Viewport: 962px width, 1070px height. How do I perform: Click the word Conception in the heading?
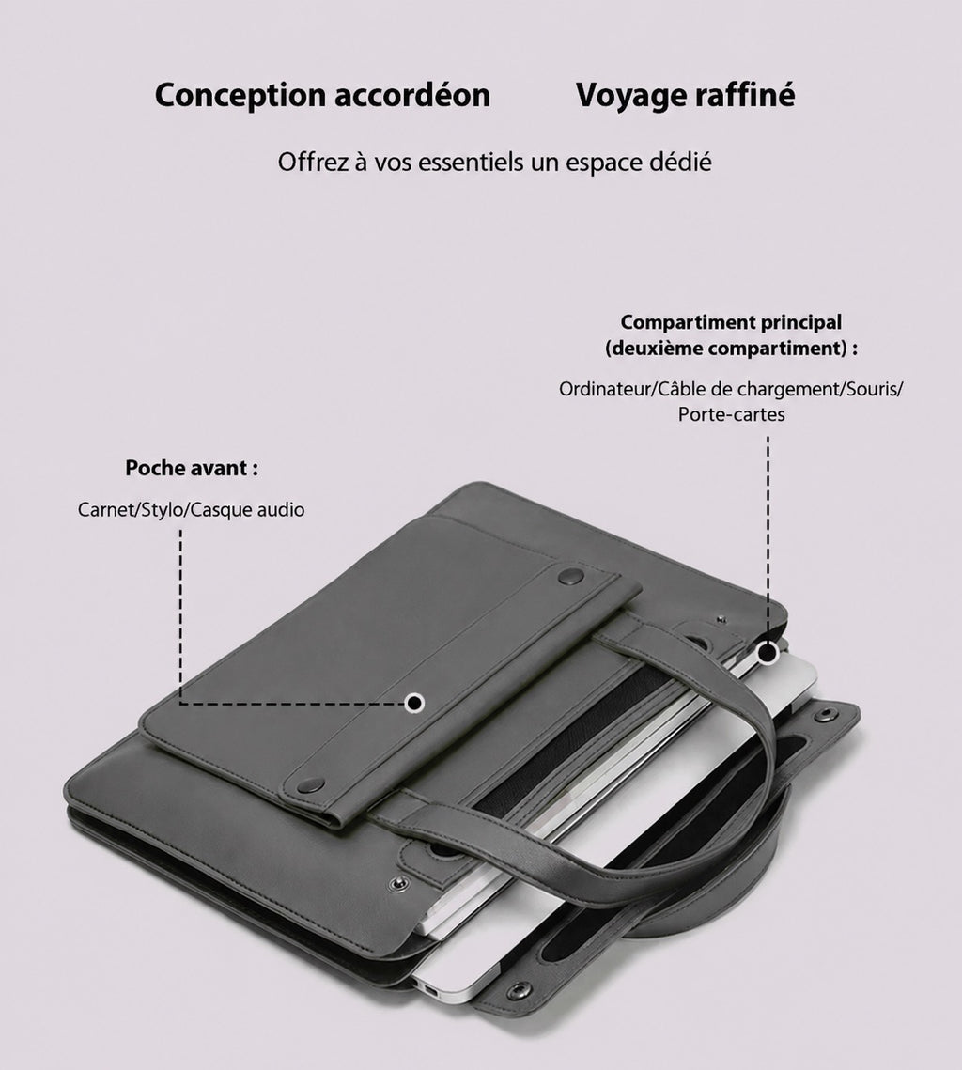click(x=240, y=96)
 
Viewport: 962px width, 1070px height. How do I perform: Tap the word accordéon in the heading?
click(x=412, y=95)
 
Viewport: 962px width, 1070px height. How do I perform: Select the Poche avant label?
click(x=192, y=468)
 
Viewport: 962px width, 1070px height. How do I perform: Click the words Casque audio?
click(x=247, y=510)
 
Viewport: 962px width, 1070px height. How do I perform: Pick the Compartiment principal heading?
click(x=731, y=322)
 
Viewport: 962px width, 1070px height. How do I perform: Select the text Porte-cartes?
click(x=732, y=414)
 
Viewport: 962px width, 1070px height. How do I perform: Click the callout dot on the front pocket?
click(x=414, y=703)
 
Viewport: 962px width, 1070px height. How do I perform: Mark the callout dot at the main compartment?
click(x=768, y=653)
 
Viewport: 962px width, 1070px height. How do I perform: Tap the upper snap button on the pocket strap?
click(x=570, y=577)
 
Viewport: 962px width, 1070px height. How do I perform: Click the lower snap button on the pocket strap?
click(x=310, y=784)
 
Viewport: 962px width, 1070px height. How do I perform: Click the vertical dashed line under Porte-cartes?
click(x=768, y=539)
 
